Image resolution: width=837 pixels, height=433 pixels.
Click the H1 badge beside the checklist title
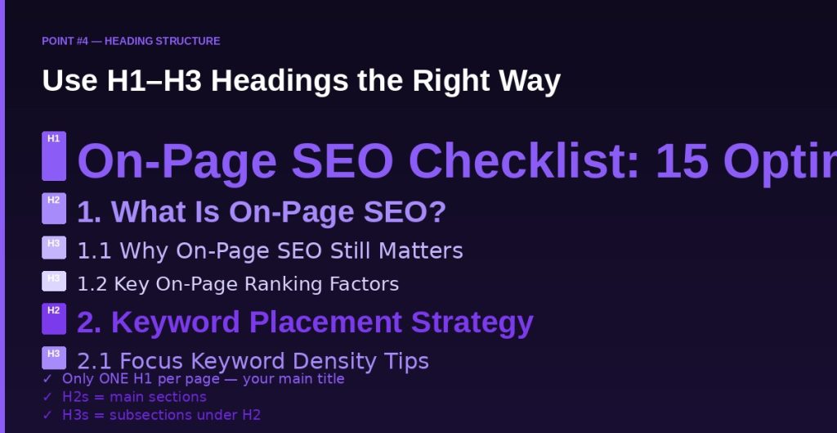(54, 156)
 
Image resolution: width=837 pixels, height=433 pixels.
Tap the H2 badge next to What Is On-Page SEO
(54, 209)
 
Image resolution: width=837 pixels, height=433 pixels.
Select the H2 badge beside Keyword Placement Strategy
(54, 318)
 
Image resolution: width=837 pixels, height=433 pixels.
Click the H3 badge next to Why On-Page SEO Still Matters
(54, 248)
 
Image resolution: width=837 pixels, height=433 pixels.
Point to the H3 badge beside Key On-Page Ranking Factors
(54, 282)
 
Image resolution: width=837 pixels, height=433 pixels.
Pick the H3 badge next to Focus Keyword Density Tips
(54, 358)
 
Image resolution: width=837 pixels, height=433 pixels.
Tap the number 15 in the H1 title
(682, 161)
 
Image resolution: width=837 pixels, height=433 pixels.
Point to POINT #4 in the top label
(65, 41)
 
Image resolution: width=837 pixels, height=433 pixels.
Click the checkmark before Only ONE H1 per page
(47, 379)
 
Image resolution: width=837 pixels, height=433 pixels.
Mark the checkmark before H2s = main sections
(47, 397)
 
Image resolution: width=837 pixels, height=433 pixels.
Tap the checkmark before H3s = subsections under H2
(47, 415)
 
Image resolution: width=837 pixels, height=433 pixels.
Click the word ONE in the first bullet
(114, 379)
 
